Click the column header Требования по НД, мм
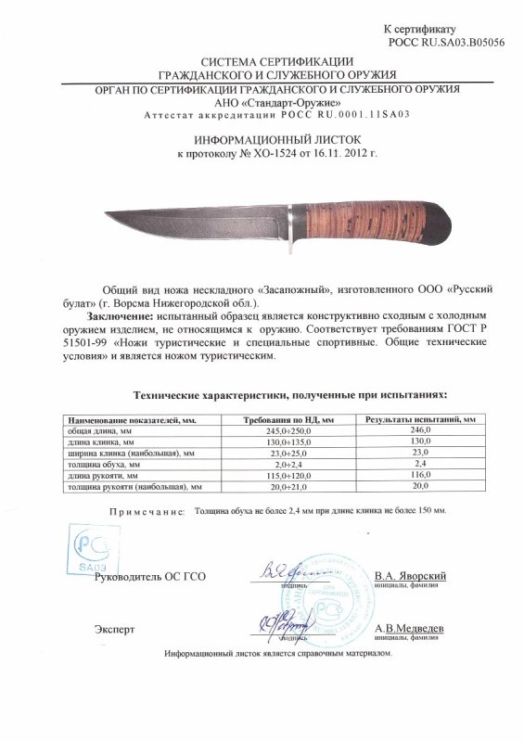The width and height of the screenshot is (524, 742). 288,420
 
